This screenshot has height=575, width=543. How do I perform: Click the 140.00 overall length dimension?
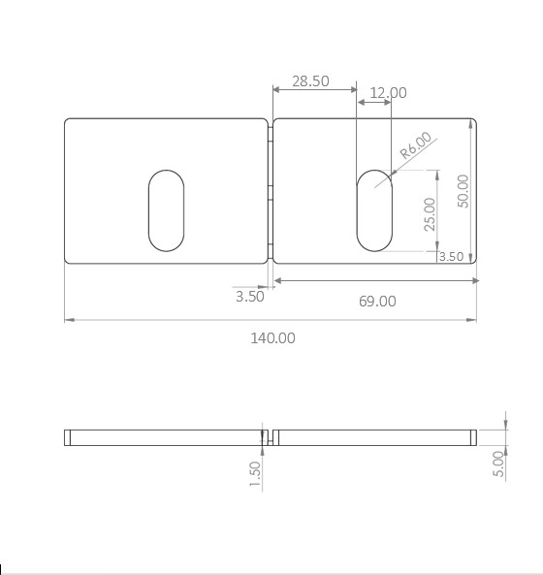tap(272, 338)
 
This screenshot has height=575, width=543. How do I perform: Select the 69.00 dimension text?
tap(377, 302)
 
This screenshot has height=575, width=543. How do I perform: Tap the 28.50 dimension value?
tap(310, 81)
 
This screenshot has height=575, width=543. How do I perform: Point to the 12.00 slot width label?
tap(388, 93)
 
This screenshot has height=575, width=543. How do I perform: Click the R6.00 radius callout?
tap(416, 145)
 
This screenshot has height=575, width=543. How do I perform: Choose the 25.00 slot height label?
tap(430, 214)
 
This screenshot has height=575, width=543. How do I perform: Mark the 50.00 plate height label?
tap(463, 191)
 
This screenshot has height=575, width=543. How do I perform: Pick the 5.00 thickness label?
tap(498, 463)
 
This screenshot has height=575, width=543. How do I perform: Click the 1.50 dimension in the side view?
tap(255, 474)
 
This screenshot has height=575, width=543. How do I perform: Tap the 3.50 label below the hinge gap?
tap(250, 297)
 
